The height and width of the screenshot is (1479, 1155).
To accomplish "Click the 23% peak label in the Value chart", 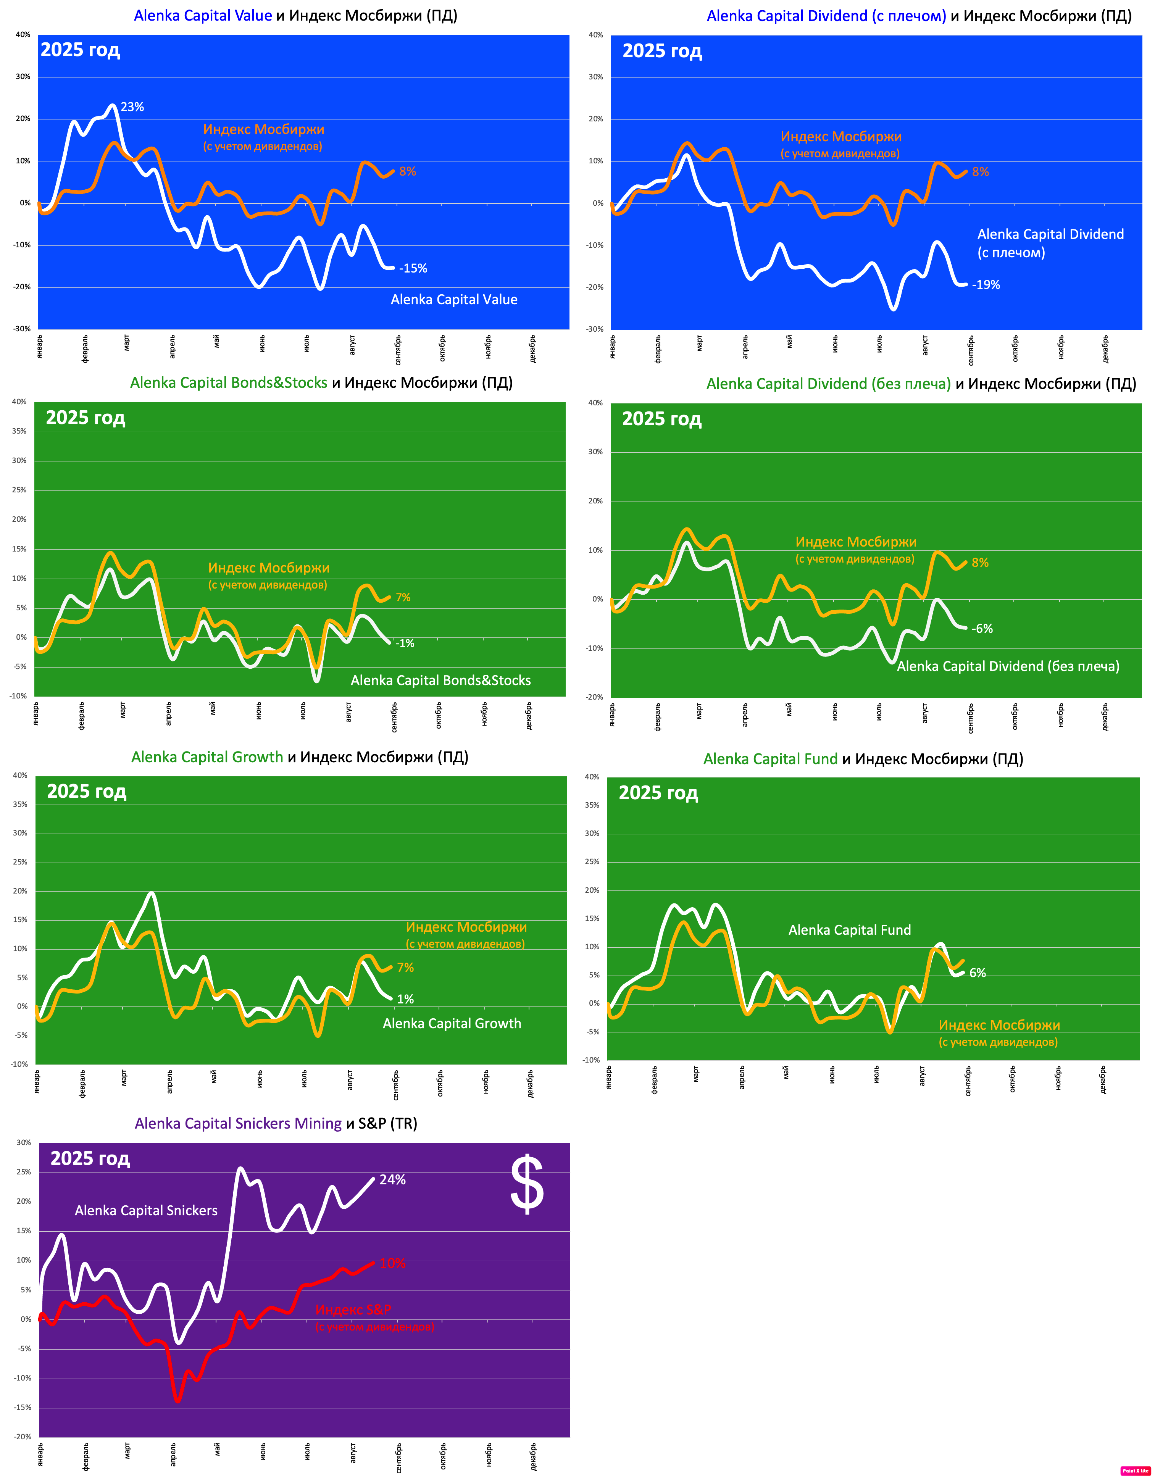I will click(132, 107).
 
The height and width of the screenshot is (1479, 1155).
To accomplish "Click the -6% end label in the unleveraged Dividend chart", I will click(982, 629).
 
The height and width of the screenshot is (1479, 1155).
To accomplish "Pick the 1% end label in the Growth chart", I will click(405, 999).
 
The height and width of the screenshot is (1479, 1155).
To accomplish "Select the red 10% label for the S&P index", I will click(392, 1263).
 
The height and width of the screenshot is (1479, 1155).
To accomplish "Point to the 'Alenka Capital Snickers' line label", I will click(146, 1210).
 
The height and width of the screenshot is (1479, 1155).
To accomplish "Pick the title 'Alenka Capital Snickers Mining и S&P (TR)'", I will click(276, 1124).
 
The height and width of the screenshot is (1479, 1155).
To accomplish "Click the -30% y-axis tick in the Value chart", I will click(23, 329).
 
